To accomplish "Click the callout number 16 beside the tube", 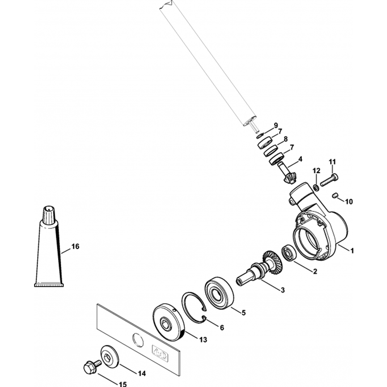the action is pos(75,246).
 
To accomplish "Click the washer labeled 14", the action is pos(110,355).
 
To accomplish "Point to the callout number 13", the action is pos(203,340).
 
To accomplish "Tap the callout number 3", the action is pos(283,290).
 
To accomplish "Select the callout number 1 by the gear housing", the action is pos(352,251).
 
